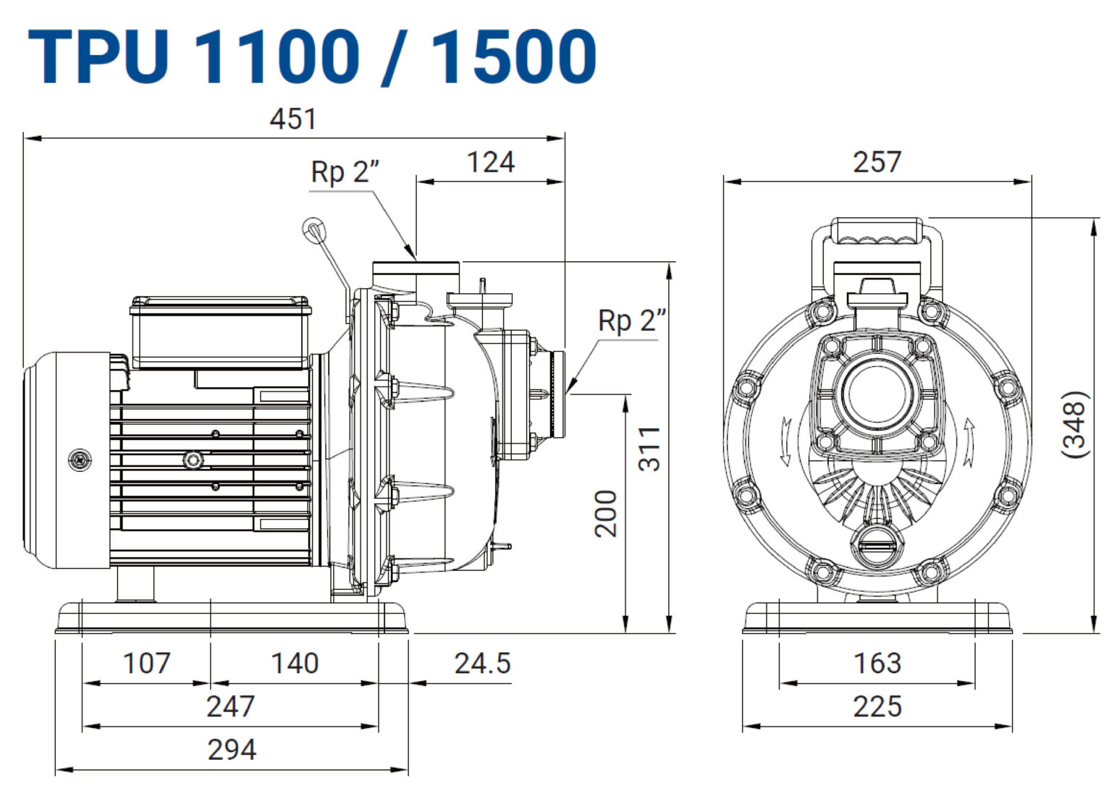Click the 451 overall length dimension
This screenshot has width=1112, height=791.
(x=293, y=119)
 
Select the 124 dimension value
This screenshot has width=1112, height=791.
(x=491, y=163)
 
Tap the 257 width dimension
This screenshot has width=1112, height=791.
(x=877, y=163)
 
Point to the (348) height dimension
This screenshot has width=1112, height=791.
(x=1075, y=425)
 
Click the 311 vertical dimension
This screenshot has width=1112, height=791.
(x=650, y=449)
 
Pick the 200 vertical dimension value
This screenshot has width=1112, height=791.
(x=606, y=514)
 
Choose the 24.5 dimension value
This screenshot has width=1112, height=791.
(x=483, y=664)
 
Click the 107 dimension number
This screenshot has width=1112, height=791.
(x=146, y=664)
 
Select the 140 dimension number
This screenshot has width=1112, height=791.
(x=295, y=664)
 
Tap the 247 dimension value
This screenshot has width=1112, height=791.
(x=231, y=706)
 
